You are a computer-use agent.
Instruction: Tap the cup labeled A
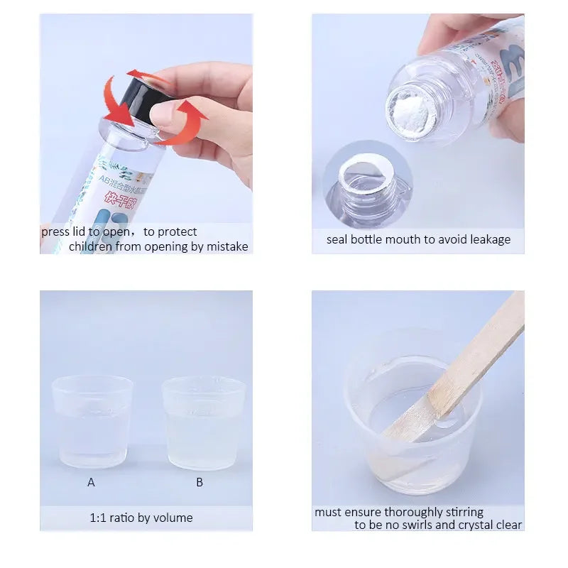tap(92, 422)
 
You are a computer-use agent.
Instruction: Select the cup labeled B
tap(204, 424)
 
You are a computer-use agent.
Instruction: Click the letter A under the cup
tap(91, 482)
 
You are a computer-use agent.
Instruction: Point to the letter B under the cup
tap(200, 482)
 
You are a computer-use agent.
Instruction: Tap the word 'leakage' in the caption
tap(486, 239)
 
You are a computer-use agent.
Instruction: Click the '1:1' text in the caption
tap(99, 518)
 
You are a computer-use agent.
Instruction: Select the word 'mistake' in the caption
tap(227, 246)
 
